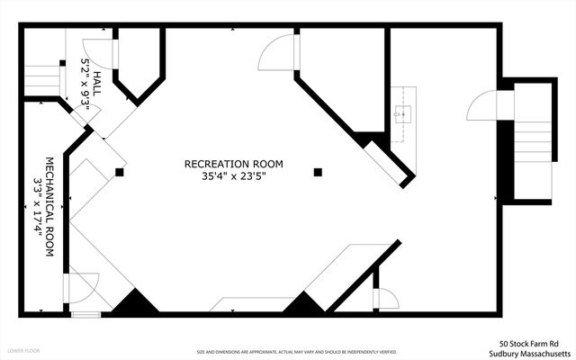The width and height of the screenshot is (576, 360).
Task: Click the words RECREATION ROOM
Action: click(x=233, y=164)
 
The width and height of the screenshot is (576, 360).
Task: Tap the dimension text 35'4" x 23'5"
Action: click(x=233, y=176)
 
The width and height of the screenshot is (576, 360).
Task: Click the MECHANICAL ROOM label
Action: click(x=49, y=208)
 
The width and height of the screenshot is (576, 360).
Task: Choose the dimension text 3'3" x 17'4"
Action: click(x=37, y=208)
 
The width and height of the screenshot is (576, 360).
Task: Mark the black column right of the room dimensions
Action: click(x=317, y=171)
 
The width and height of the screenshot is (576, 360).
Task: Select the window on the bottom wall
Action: click(x=85, y=314)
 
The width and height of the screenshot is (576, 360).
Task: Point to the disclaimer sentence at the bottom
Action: click(x=297, y=352)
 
